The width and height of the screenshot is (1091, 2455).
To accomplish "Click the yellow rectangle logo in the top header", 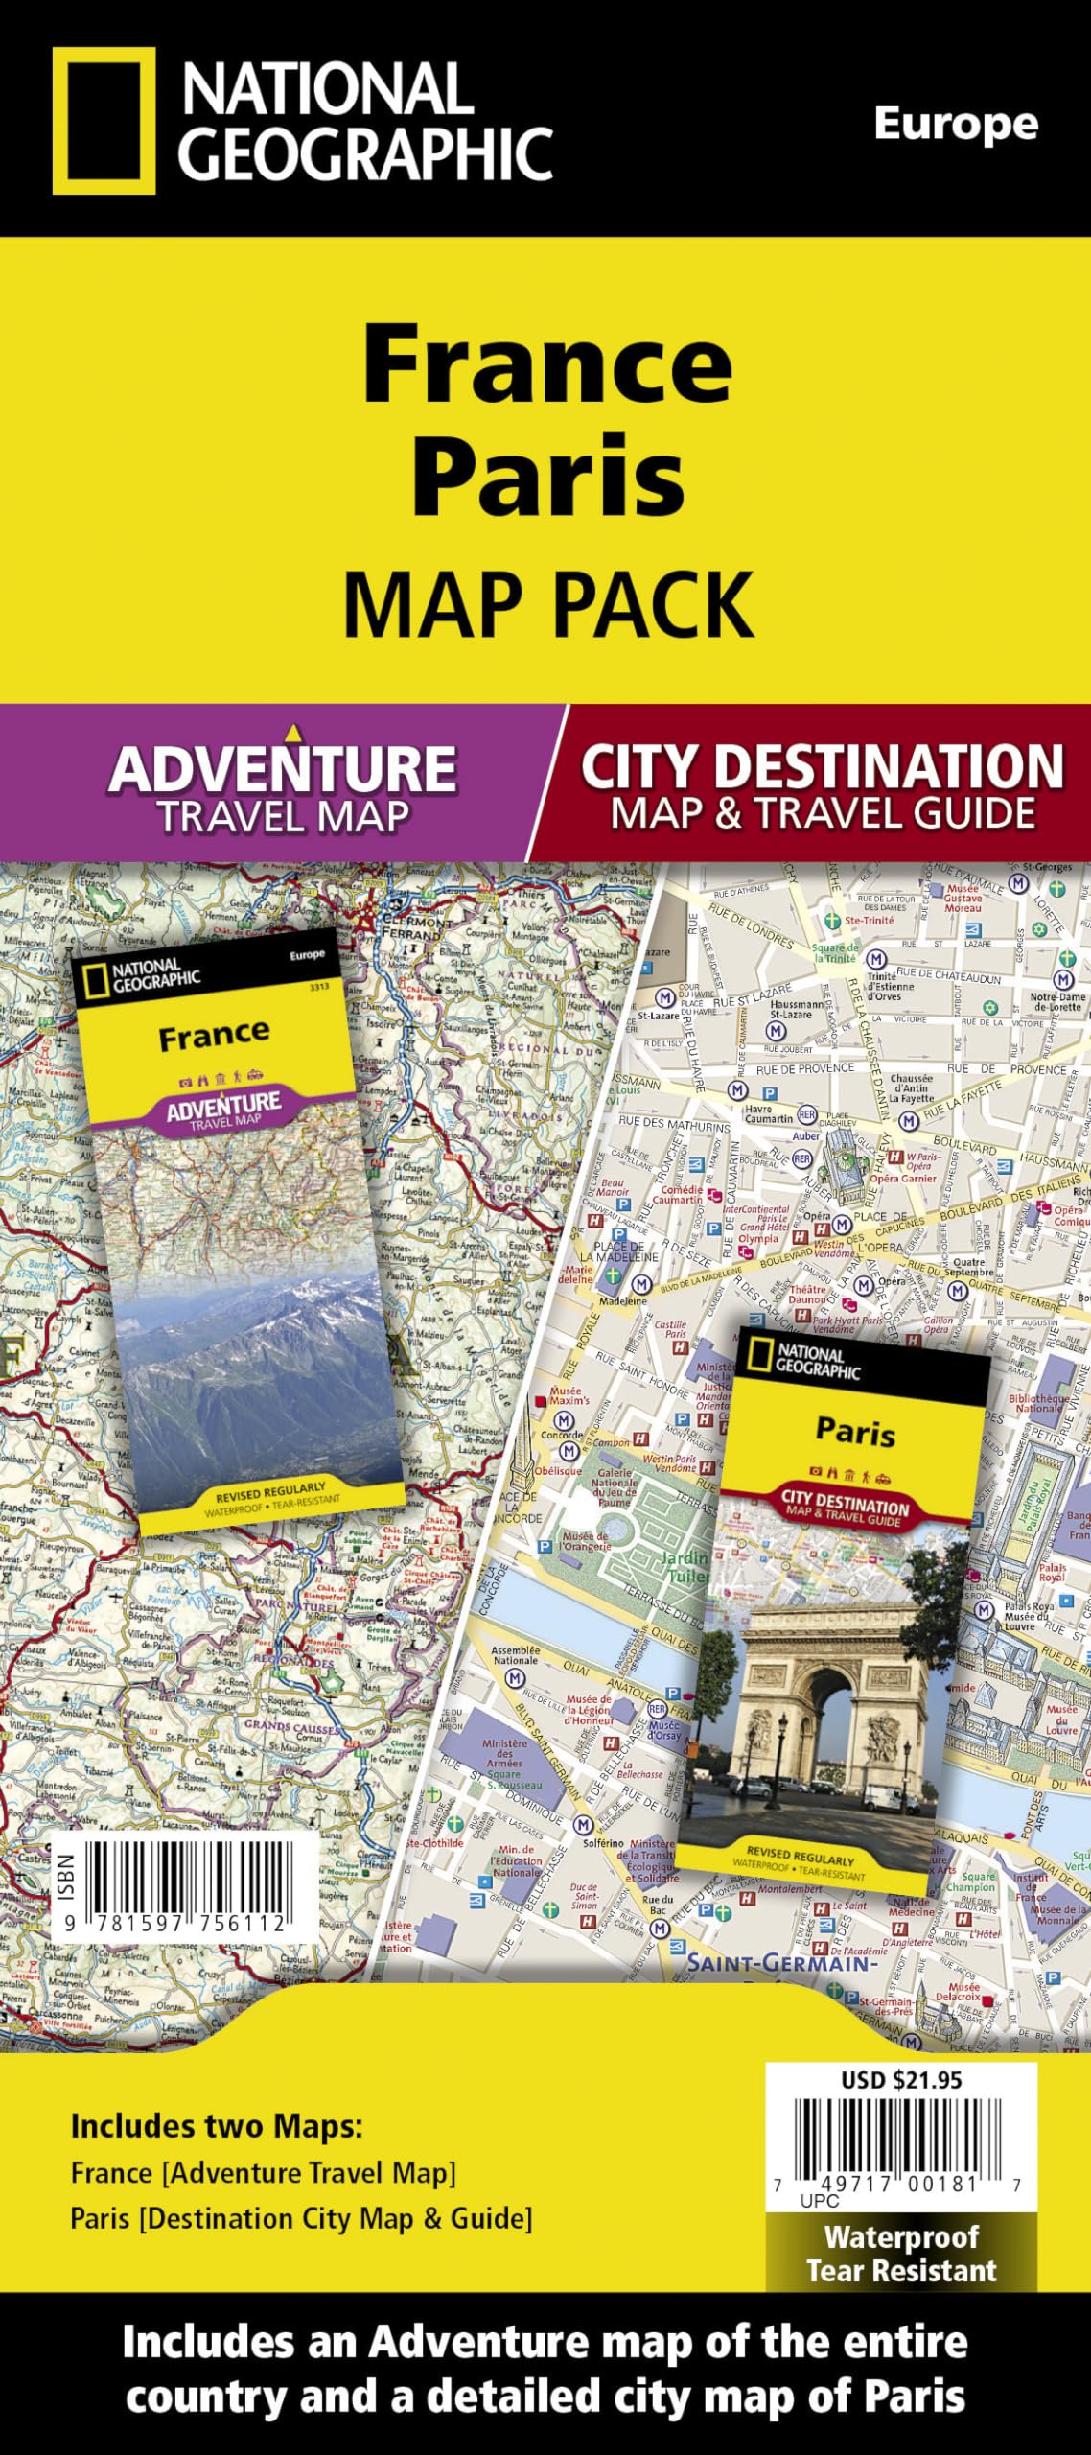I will pos(104,121).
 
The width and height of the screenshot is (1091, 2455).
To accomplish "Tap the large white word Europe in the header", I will pos(955,126).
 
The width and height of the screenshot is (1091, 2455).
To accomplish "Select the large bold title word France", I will pos(547,365).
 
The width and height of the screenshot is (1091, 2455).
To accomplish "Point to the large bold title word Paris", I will pos(547,476).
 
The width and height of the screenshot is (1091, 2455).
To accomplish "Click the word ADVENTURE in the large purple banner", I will pos(282,769).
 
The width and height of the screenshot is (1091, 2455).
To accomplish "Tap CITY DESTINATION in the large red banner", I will pos(822,767).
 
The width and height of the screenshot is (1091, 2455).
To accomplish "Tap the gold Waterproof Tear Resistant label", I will pos(901,2254).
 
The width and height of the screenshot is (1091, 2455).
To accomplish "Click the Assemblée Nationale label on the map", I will pos(515,1655).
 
